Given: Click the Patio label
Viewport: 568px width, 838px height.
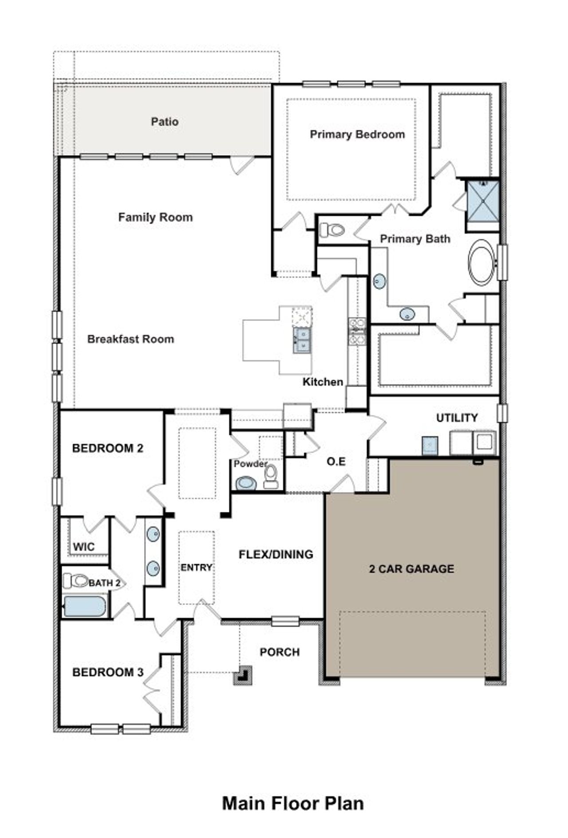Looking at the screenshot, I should tap(165, 122).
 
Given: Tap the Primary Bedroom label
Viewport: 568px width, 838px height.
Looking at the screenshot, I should tap(357, 134).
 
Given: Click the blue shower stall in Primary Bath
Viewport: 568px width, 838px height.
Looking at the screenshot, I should tap(483, 202).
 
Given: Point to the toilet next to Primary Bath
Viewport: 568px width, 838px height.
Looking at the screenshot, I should tap(332, 230).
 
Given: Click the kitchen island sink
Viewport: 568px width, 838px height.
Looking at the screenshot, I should tap(302, 340).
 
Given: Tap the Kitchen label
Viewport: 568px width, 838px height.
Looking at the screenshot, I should tap(323, 382).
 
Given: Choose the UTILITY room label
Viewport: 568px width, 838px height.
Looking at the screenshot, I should tap(457, 418).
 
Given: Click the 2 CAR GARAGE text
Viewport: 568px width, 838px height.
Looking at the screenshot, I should tap(411, 569).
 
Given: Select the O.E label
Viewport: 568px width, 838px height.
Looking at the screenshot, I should tap(336, 462).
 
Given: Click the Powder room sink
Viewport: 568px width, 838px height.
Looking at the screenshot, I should tap(245, 482).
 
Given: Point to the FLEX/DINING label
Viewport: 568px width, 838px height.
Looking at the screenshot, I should tap(276, 554).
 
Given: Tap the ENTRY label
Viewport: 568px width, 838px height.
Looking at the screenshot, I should tap(196, 567).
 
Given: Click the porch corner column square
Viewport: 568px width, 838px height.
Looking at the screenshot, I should tap(243, 675).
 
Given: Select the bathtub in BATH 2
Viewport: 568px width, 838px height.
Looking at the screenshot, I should tap(85, 606).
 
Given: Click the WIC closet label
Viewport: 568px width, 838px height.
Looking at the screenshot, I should tap(84, 546).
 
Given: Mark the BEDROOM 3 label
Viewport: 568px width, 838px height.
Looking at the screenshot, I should tap(108, 672).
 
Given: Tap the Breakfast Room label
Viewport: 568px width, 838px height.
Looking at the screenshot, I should tap(130, 339).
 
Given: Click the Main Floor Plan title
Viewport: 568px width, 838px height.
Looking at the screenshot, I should tap(293, 803).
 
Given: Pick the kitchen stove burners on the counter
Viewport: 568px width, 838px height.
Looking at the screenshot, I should tap(357, 331).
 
